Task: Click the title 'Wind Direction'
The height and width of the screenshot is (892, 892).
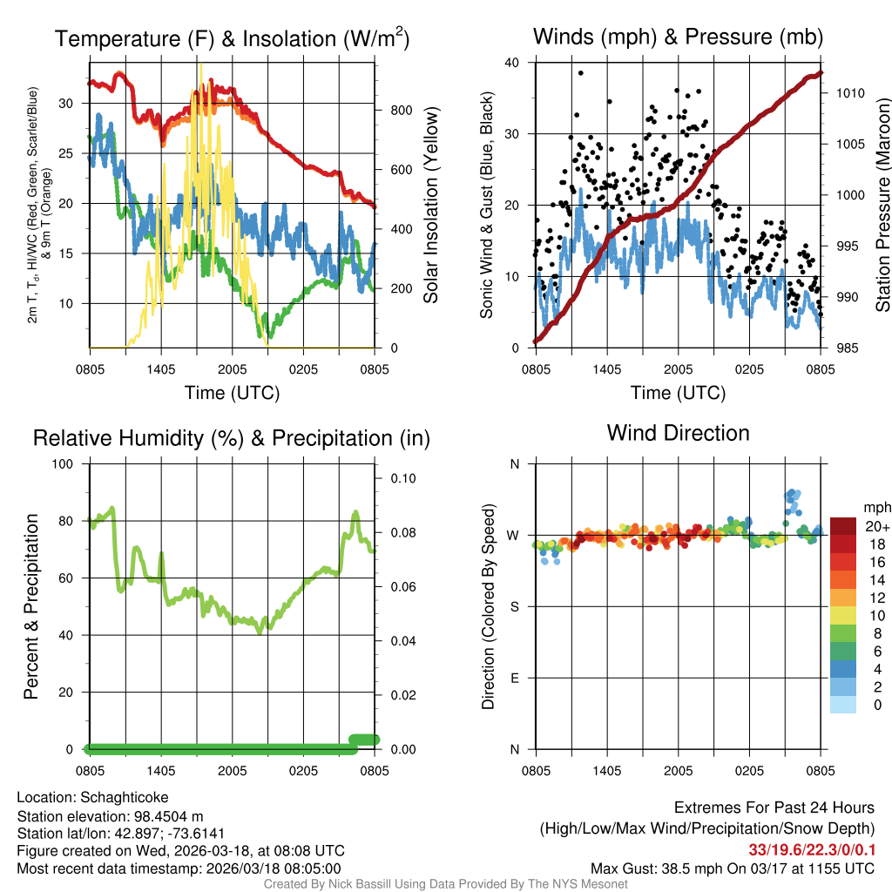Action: [678, 433]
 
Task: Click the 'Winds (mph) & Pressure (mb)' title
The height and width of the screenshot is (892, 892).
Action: [678, 37]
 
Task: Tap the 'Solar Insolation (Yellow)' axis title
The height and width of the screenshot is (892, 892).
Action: [430, 205]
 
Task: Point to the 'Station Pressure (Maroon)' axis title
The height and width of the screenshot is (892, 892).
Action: [882, 205]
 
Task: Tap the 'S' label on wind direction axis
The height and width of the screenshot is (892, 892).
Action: [515, 606]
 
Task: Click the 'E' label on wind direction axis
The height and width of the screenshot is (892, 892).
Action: [515, 678]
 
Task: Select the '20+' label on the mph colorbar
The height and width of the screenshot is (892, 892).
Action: [875, 526]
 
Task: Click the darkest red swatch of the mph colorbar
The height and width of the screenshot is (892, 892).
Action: [843, 525]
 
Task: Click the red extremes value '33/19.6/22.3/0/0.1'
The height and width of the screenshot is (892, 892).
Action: [812, 850]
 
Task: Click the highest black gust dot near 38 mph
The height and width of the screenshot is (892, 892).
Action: [580, 73]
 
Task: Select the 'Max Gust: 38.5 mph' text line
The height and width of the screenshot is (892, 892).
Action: [733, 868]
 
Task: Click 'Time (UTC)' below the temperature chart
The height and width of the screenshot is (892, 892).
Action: [232, 393]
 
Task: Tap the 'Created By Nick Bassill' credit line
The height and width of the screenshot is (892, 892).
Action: [445, 884]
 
